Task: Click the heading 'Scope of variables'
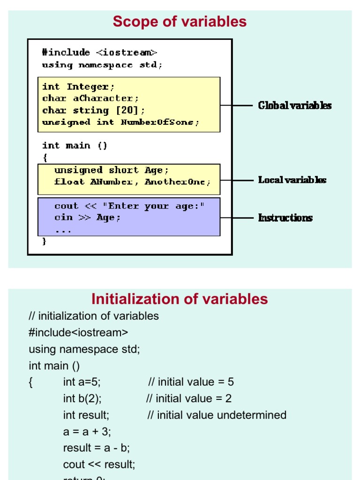click(180, 22)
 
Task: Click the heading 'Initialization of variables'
click(180, 299)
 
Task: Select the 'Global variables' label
click(295, 105)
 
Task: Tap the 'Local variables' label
click(292, 180)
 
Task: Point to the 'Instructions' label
click(285, 217)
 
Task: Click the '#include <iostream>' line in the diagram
click(99, 52)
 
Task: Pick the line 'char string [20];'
click(94, 111)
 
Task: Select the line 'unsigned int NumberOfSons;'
click(120, 122)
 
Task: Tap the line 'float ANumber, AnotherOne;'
click(133, 182)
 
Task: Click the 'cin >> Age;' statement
click(88, 217)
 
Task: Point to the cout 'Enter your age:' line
click(130, 206)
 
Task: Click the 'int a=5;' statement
click(82, 382)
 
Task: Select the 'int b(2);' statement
click(82, 399)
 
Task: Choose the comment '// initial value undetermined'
click(217, 415)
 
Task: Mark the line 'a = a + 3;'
click(87, 432)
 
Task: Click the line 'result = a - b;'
click(97, 448)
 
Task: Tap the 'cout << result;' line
click(99, 465)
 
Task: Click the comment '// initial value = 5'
click(191, 382)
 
